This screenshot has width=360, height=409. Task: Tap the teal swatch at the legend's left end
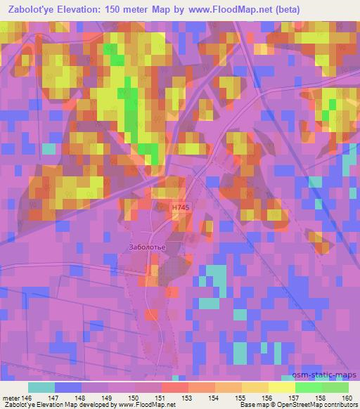[41, 387]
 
